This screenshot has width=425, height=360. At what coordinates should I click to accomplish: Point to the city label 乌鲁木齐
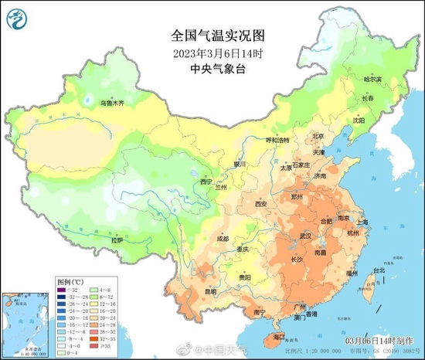pyautogui.click(x=111, y=102)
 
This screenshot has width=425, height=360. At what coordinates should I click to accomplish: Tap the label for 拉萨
pyautogui.click(x=116, y=240)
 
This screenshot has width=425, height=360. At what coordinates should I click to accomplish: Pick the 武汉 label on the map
pyautogui.click(x=304, y=236)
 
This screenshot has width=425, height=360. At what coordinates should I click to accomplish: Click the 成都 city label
pyautogui.click(x=223, y=239)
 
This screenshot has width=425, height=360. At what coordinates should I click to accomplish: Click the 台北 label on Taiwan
pyautogui.click(x=378, y=270)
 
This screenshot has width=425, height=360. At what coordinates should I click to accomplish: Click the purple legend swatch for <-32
pyautogui.click(x=61, y=287)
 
